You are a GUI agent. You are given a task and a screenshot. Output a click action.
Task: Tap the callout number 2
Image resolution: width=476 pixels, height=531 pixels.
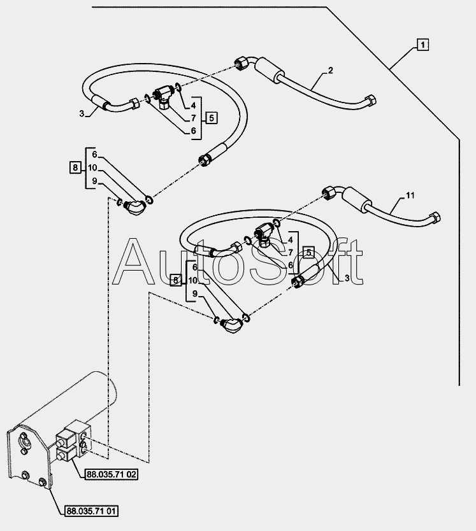point(331,71)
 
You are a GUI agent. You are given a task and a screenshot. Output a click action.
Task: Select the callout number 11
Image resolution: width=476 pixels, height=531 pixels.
point(409,195)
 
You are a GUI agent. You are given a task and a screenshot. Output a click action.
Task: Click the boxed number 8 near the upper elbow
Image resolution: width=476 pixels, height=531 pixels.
point(76,167)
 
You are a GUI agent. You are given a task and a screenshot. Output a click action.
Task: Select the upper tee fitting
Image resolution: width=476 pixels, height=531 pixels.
point(165,97)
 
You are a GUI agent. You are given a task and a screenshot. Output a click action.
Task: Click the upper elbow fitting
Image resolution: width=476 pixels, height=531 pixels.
point(134,206)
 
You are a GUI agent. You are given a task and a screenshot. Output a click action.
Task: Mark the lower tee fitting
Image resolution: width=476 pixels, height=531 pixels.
point(264,236)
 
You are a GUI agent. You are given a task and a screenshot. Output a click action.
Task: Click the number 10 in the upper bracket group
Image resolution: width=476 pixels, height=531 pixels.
point(92,168)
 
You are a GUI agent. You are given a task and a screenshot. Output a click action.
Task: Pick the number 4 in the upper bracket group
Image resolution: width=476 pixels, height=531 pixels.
point(192,106)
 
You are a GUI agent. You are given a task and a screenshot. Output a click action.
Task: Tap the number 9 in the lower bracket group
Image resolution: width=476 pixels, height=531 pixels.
point(194,294)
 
